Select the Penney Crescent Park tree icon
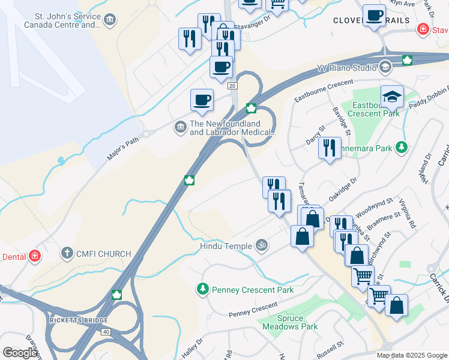203,290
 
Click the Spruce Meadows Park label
289,322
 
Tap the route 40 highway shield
106,331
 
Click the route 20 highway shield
232,86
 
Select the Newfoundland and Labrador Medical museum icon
180,127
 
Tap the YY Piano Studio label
349,67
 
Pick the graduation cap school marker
391,96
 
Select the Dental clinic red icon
35,256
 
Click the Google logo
20,353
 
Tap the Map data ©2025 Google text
411,355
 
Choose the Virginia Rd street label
412,215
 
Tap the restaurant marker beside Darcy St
330,147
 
